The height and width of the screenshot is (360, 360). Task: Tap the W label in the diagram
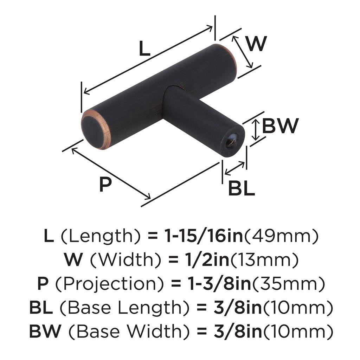tap(256, 44)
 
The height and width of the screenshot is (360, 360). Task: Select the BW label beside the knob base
tap(280, 126)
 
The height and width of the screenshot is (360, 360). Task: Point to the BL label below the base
tap(242, 188)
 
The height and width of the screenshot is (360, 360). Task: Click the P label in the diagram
tap(105, 184)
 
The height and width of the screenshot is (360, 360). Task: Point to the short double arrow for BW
tap(255, 130)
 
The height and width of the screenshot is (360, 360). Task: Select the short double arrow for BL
tap(234, 168)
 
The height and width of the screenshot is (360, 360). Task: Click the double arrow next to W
tap(242, 52)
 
